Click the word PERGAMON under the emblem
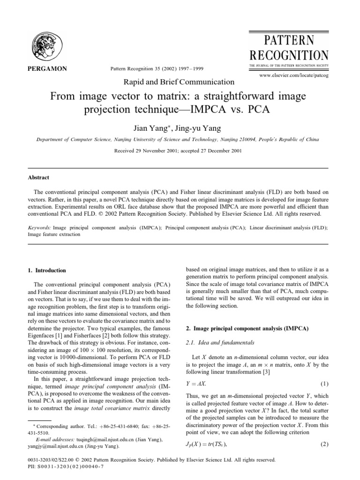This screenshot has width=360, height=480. coord(44,69)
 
